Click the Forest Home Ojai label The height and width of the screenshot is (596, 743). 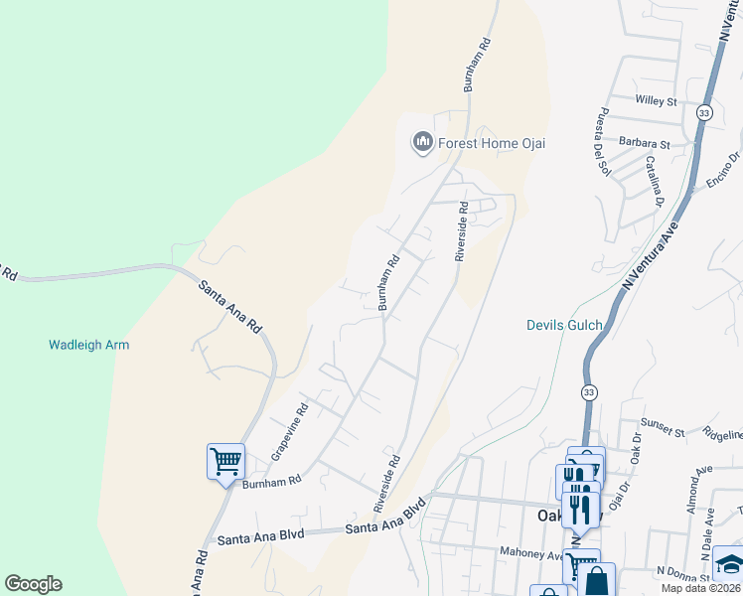[492, 143]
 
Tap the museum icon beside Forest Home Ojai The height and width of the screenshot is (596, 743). [422, 144]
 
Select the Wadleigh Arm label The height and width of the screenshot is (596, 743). [89, 345]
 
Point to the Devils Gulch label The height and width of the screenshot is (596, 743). [563, 325]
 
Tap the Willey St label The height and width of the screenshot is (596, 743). [656, 100]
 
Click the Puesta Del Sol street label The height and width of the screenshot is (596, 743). [602, 140]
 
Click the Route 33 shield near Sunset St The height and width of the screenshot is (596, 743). [588, 391]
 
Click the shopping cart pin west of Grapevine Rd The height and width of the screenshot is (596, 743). [225, 461]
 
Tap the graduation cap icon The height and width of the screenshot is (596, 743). [730, 564]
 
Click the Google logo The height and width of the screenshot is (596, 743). [33, 584]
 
